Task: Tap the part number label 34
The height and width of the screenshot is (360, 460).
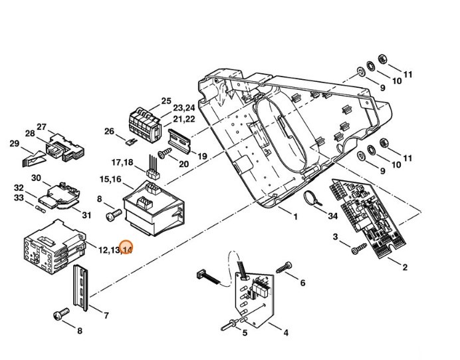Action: pyautogui.click(x=332, y=216)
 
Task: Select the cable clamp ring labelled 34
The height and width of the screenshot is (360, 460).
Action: pyautogui.click(x=311, y=198)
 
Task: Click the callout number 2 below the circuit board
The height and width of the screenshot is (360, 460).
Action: pyautogui.click(x=405, y=267)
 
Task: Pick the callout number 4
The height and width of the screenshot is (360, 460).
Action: pyautogui.click(x=285, y=332)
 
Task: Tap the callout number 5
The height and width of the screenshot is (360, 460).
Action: pyautogui.click(x=244, y=333)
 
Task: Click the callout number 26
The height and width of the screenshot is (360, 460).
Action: pyautogui.click(x=110, y=131)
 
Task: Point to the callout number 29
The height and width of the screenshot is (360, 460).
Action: pyautogui.click(x=14, y=144)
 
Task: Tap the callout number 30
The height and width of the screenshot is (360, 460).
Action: pyautogui.click(x=37, y=178)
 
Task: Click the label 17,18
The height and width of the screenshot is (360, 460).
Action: pyautogui.click(x=122, y=162)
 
